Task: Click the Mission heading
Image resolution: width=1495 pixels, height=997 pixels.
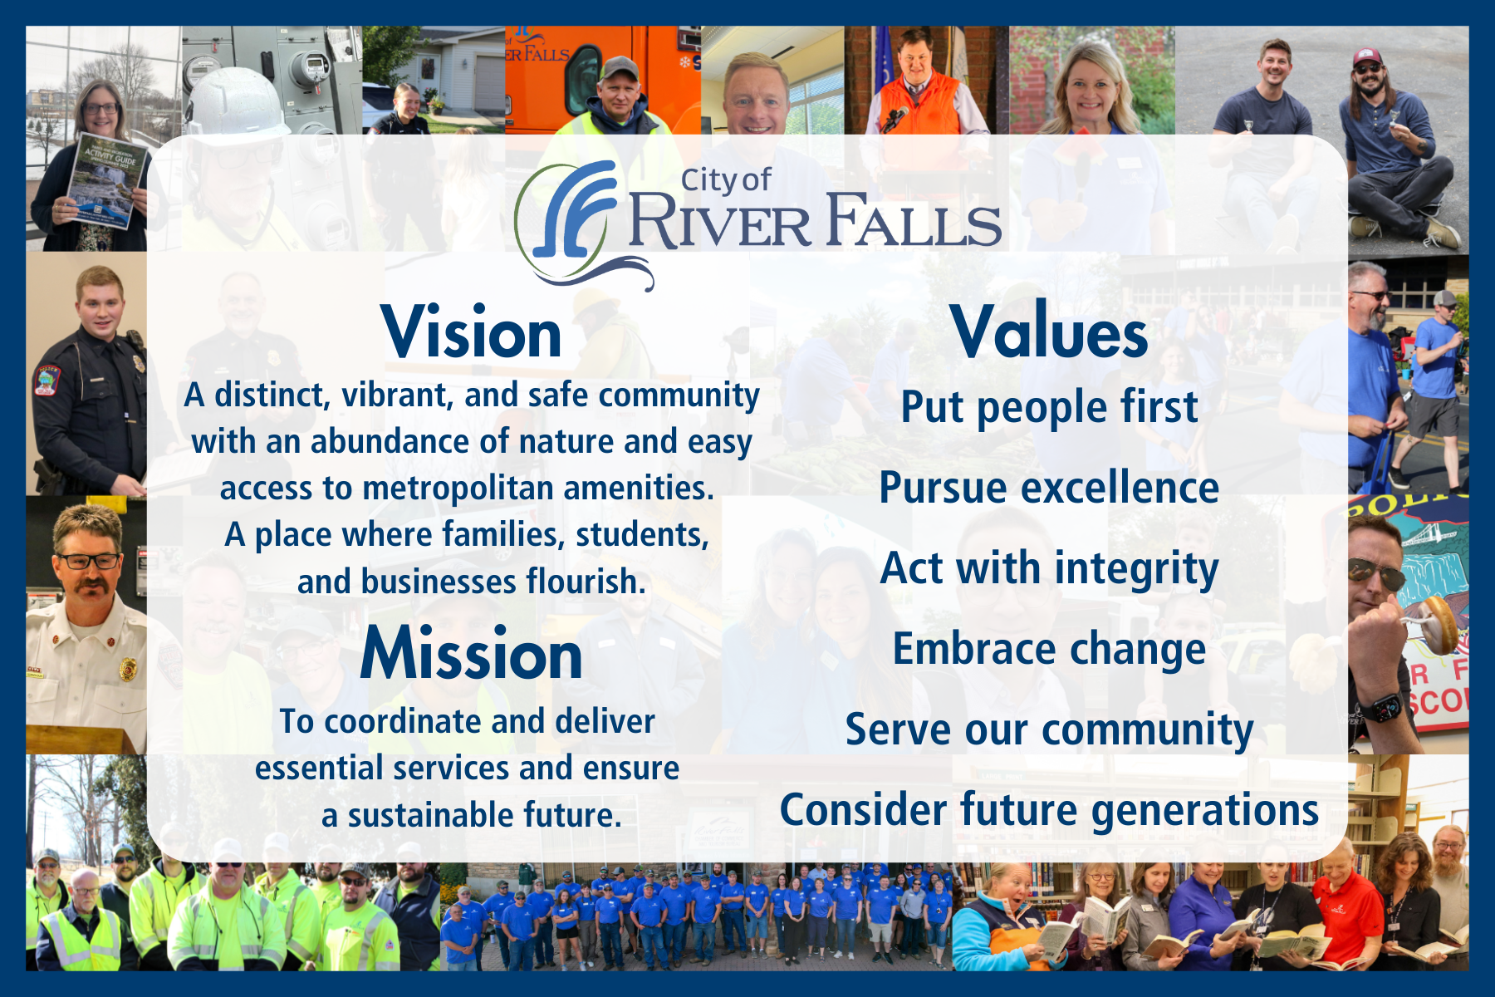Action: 471,655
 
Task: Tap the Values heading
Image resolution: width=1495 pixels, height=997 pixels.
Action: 1049,332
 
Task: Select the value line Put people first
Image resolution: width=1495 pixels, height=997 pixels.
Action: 1049,407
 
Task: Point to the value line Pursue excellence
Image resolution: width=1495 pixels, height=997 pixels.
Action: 1049,488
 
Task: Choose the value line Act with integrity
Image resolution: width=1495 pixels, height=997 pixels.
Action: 1049,568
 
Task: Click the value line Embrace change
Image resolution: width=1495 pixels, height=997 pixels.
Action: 1049,649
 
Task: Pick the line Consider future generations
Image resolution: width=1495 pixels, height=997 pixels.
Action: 1049,810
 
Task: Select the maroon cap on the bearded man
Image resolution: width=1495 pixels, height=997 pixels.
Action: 1366,57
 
